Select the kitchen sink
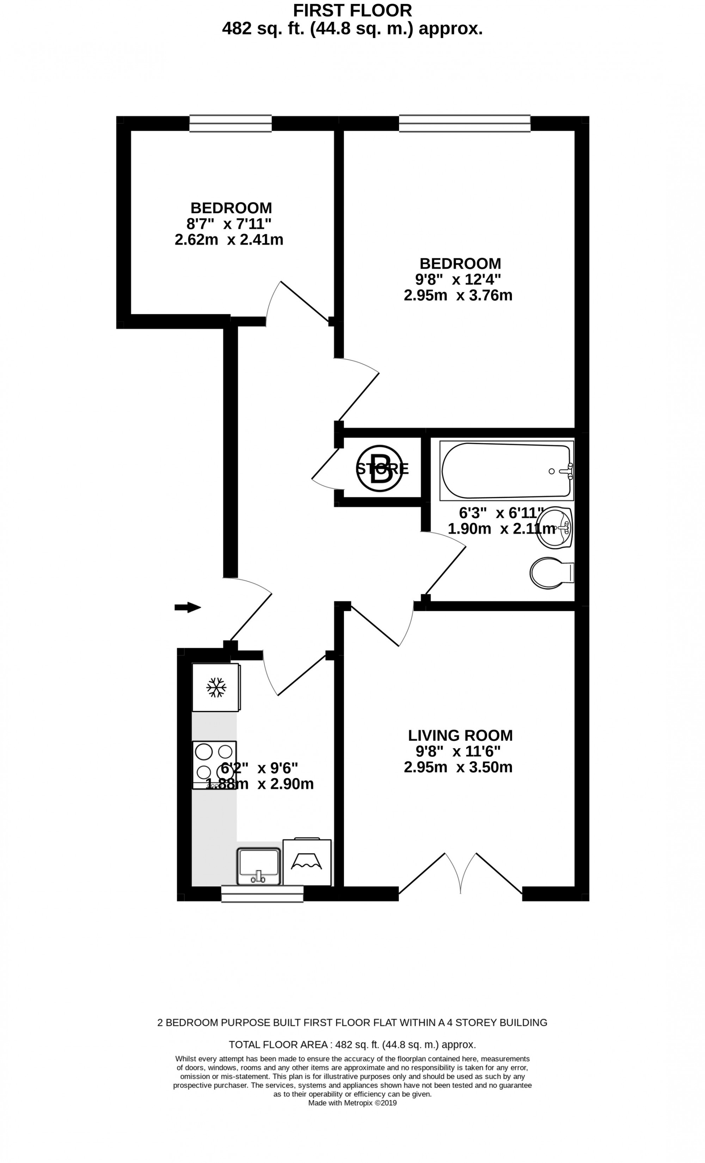(x=258, y=866)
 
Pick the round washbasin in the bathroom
(x=556, y=528)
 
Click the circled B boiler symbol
(x=380, y=469)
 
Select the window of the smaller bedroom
(x=231, y=123)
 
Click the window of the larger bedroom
(x=465, y=123)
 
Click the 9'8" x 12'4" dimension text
(x=458, y=279)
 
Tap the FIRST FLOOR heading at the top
(x=352, y=10)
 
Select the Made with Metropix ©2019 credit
(x=352, y=1103)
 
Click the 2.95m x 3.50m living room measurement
(x=458, y=767)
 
